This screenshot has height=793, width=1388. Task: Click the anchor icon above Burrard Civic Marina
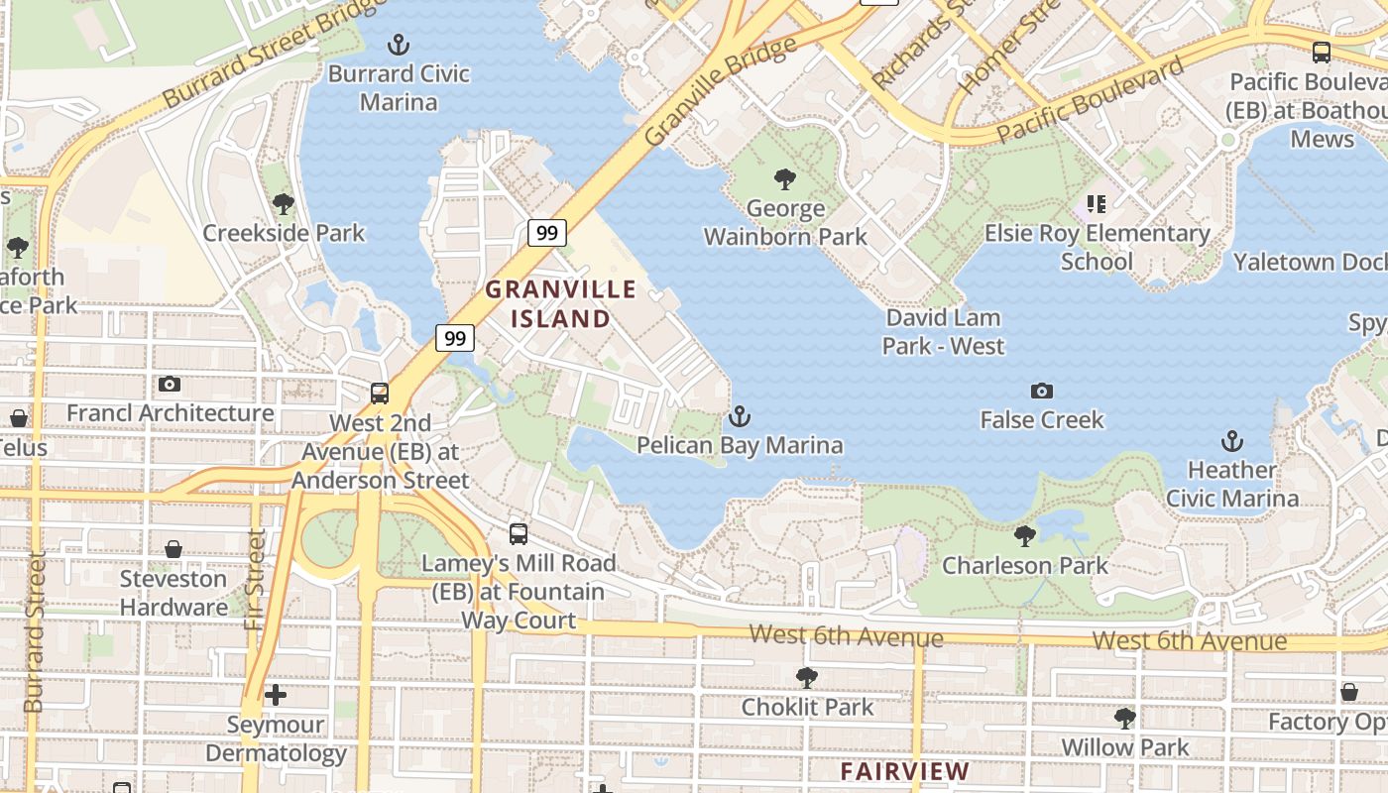[398, 45]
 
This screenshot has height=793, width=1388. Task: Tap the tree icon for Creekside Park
[284, 204]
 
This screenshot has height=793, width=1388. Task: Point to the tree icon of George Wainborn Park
[785, 179]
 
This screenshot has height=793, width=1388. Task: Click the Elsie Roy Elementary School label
[1097, 247]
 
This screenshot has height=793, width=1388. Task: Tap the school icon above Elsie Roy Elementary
[1096, 204]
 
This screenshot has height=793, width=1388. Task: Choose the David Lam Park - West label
[943, 332]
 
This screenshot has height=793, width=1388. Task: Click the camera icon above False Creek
[1041, 391]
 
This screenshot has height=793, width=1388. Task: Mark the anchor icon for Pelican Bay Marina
[739, 416]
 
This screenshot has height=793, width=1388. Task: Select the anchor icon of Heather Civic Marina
[1231, 440]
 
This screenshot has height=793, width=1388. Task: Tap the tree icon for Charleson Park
[1025, 536]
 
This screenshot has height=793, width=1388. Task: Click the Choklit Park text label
[808, 707]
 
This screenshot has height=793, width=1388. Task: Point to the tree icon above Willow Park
[1124, 717]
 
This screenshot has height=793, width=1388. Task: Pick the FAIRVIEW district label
[904, 771]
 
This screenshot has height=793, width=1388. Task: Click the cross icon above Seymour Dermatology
[276, 695]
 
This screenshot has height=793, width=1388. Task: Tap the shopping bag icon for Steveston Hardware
[173, 549]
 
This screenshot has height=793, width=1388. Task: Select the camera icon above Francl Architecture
[169, 384]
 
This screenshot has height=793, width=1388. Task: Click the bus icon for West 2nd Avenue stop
[379, 394]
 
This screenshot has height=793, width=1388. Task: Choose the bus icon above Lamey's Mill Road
[518, 534]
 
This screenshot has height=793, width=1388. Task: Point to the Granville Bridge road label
[720, 91]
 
